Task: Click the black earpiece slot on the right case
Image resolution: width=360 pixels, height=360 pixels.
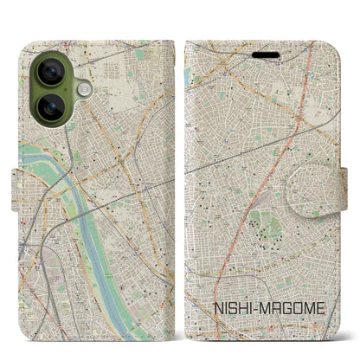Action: click(x=267, y=55)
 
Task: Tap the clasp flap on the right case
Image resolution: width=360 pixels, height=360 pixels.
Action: click(x=338, y=179)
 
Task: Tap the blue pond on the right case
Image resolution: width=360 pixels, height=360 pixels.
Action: click(x=187, y=76)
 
